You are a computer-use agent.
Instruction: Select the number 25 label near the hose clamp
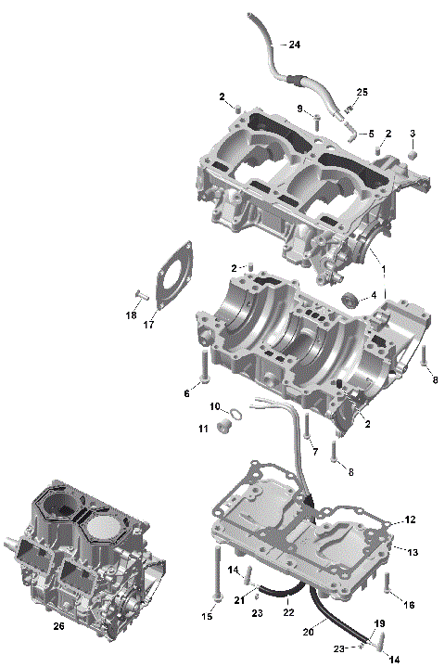tap(362, 92)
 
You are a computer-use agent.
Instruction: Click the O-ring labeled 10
tap(235, 413)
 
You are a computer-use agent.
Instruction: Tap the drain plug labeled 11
tap(222, 428)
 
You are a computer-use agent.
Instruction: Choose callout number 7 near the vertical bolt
tap(314, 452)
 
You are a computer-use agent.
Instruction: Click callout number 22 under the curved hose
tap(288, 612)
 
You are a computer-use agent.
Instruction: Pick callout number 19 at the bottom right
tap(378, 622)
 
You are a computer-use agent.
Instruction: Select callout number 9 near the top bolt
tap(301, 109)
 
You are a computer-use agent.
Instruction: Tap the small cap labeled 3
tap(413, 151)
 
